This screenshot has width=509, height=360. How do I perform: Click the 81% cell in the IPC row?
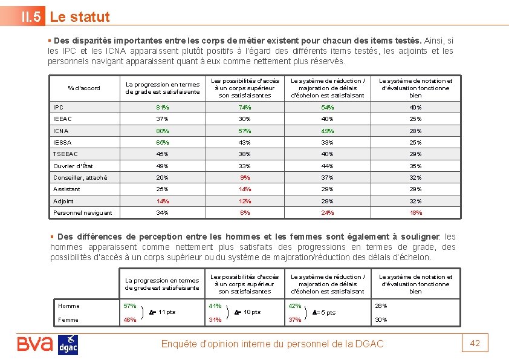pos(162,108)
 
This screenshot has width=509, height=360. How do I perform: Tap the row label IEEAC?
pos(63,119)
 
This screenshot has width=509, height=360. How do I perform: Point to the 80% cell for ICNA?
pos(162,131)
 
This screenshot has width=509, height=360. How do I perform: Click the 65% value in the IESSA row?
pos(162,142)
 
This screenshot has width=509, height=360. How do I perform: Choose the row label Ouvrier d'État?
pos(73,166)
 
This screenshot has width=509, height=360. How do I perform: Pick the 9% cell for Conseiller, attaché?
pos(245,177)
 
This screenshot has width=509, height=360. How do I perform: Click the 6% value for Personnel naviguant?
pos(245,212)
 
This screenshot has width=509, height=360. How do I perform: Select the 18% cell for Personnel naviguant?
pos(415,212)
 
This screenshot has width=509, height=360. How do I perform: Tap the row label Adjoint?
pos(63,201)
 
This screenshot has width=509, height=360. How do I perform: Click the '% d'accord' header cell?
pos(85,88)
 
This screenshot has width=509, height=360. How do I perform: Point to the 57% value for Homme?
pos(130,306)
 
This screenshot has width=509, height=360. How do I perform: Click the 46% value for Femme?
pos(130,320)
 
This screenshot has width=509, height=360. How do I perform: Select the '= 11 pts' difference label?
pos(162,312)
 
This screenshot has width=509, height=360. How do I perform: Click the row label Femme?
pos(68,320)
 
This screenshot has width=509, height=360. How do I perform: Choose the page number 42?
pos(475,343)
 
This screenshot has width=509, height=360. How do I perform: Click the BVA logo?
pos(35,344)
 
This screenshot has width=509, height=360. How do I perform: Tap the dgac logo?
pos(68,344)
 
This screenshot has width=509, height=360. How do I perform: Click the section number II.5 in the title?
pos(32,17)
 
